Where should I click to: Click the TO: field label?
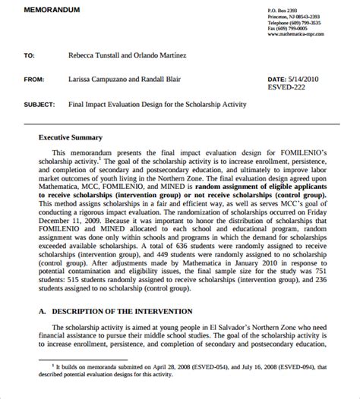(x=30, y=55)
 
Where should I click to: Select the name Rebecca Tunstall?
(x=93, y=55)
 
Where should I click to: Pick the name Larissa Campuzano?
(x=96, y=78)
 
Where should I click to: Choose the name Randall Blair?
(x=160, y=78)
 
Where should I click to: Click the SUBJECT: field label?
(x=38, y=103)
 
